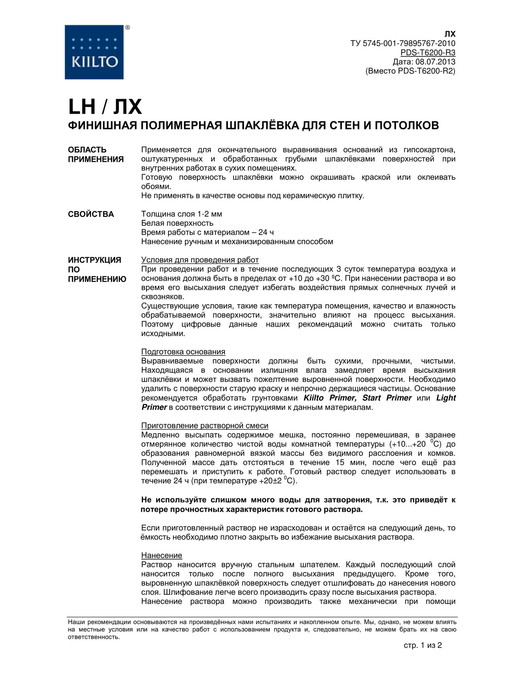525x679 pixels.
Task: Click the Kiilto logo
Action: [x=94, y=52]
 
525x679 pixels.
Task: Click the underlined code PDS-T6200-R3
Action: [x=428, y=53]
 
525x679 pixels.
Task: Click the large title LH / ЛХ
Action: [x=105, y=107]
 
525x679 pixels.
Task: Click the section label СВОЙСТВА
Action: [x=91, y=214]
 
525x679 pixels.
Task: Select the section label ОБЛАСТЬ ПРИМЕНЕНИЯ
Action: [x=96, y=154]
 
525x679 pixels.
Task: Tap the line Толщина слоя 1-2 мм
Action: [x=181, y=214]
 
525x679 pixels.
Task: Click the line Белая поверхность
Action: [x=177, y=223]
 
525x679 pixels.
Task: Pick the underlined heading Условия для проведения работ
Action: [x=200, y=260]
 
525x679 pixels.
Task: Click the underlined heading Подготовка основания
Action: [x=183, y=352]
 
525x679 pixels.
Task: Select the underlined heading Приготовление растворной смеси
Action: [x=205, y=426]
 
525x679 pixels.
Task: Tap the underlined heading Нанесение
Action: [x=162, y=555]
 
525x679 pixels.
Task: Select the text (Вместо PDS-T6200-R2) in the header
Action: [x=410, y=71]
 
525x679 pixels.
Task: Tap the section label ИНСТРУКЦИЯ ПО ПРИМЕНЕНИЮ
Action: [x=97, y=270]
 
